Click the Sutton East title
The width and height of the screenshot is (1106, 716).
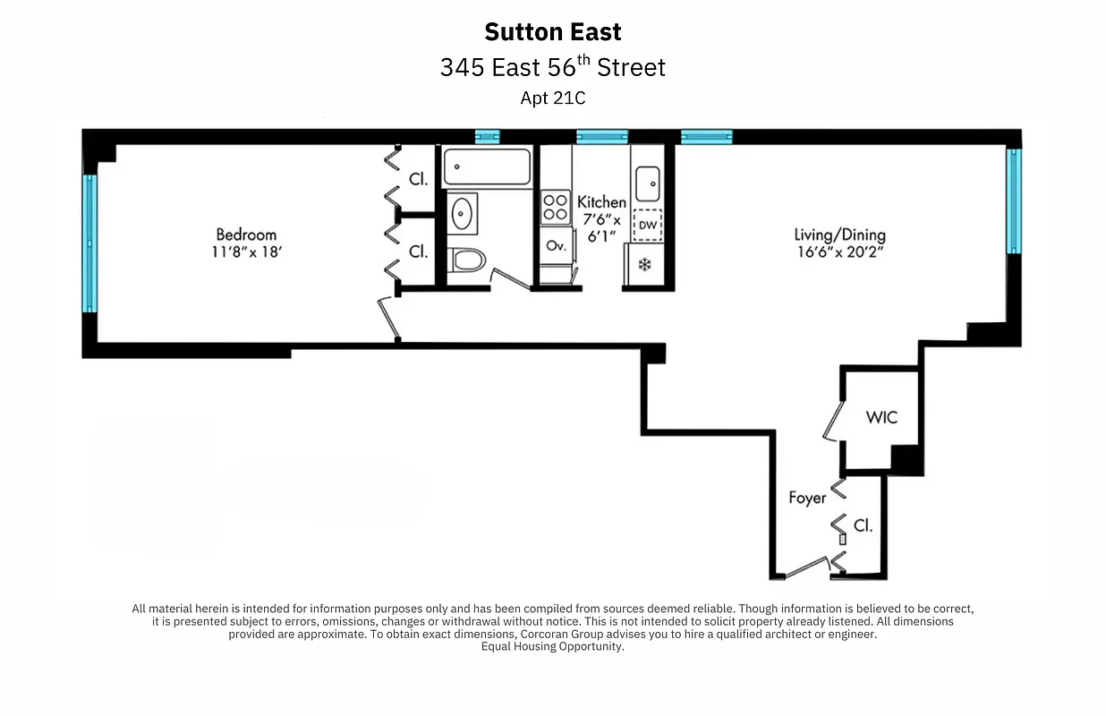click(x=552, y=32)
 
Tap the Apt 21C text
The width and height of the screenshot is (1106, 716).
click(x=552, y=98)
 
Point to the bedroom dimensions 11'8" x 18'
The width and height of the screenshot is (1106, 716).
click(x=247, y=252)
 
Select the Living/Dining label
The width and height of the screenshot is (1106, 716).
click(x=839, y=234)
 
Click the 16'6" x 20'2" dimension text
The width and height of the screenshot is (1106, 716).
click(x=839, y=252)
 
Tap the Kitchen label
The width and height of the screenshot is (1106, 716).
click(x=601, y=202)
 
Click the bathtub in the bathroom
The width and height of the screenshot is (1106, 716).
click(x=488, y=166)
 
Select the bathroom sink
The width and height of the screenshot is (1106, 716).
click(x=462, y=214)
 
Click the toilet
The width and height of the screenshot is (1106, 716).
click(x=466, y=260)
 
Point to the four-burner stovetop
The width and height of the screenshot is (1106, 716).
click(x=556, y=208)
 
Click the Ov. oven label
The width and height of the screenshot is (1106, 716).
click(x=556, y=245)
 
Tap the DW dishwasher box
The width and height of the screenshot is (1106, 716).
click(x=647, y=225)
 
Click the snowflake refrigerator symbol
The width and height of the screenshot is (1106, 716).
click(x=644, y=264)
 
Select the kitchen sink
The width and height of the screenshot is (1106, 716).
click(x=647, y=187)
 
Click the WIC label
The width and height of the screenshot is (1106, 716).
click(x=881, y=417)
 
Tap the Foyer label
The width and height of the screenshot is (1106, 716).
click(x=806, y=498)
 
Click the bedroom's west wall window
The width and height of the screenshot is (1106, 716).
click(x=89, y=243)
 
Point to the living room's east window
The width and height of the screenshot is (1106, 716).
click(x=1014, y=201)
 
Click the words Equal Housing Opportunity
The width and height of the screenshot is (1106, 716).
click(x=552, y=646)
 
